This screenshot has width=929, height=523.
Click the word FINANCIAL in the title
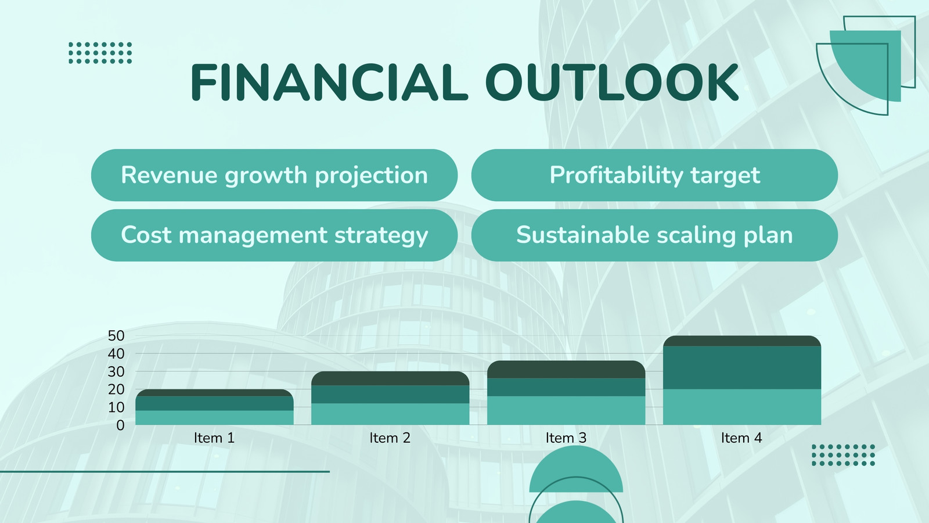coord(329,82)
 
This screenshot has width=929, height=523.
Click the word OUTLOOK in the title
coord(612,82)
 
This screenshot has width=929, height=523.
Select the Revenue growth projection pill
coord(274,175)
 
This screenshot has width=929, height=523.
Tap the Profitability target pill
coord(654,175)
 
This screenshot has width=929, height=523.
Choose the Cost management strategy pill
coord(274,235)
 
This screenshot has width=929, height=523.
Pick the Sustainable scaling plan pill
coord(654,235)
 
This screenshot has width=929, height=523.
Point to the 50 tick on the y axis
coord(116,336)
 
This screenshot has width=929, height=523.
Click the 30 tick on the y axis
coord(116,371)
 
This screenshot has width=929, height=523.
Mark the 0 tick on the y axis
coord(120,425)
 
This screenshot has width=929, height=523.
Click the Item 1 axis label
coord(214,438)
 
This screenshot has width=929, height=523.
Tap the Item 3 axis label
coord(566,438)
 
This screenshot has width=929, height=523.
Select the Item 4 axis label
coord(741,438)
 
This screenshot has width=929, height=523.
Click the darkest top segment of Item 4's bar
coord(742,341)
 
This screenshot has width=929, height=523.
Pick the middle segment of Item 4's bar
coord(742,368)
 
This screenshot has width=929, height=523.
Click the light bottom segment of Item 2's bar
coord(390,414)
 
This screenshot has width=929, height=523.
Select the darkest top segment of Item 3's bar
coord(566,370)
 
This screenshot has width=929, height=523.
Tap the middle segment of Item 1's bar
coord(214,403)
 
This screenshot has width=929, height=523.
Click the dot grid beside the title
coord(100,53)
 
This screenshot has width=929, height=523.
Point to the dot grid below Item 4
coord(844,456)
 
